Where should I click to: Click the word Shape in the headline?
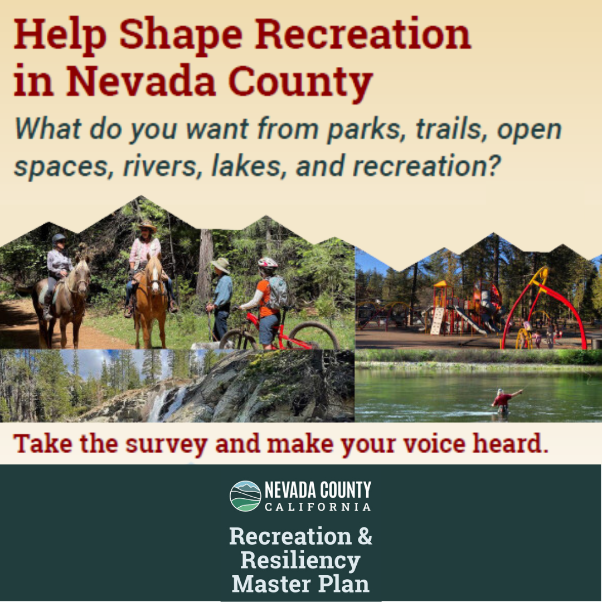pyautogui.click(x=181, y=35)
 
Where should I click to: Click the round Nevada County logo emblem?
pyautogui.click(x=245, y=496)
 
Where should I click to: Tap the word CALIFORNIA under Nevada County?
pyautogui.click(x=318, y=507)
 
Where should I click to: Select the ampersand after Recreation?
pyautogui.click(x=364, y=536)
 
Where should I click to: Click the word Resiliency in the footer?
pyautogui.click(x=300, y=560)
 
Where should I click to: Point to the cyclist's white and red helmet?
pyautogui.click(x=268, y=263)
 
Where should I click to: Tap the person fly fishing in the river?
pyautogui.click(x=503, y=400)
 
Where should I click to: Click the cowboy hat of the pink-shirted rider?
pyautogui.click(x=148, y=226)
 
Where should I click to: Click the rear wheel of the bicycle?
pyautogui.click(x=313, y=336)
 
